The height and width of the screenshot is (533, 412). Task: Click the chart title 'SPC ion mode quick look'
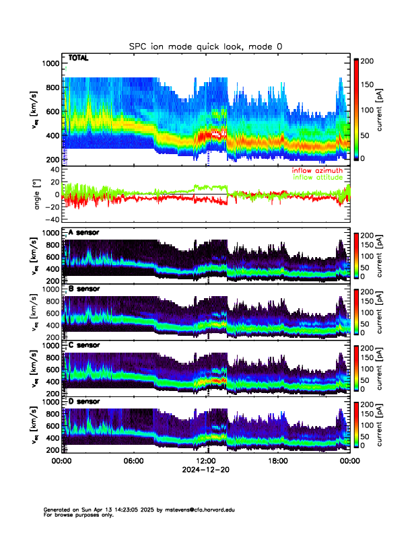coord(205,46)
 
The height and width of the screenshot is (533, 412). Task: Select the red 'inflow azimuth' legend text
coord(316,171)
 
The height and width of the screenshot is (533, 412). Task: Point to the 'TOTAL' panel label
coord(78,59)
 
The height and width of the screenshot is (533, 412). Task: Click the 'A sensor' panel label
coord(83,232)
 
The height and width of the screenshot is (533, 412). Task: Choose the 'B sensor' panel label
coord(83,289)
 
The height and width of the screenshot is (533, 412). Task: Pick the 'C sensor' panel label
coord(83,345)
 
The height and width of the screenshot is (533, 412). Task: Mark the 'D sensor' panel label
coord(83,401)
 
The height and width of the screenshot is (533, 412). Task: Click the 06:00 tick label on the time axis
coord(133,461)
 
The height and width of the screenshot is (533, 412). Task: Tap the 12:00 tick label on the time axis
coord(205,461)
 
